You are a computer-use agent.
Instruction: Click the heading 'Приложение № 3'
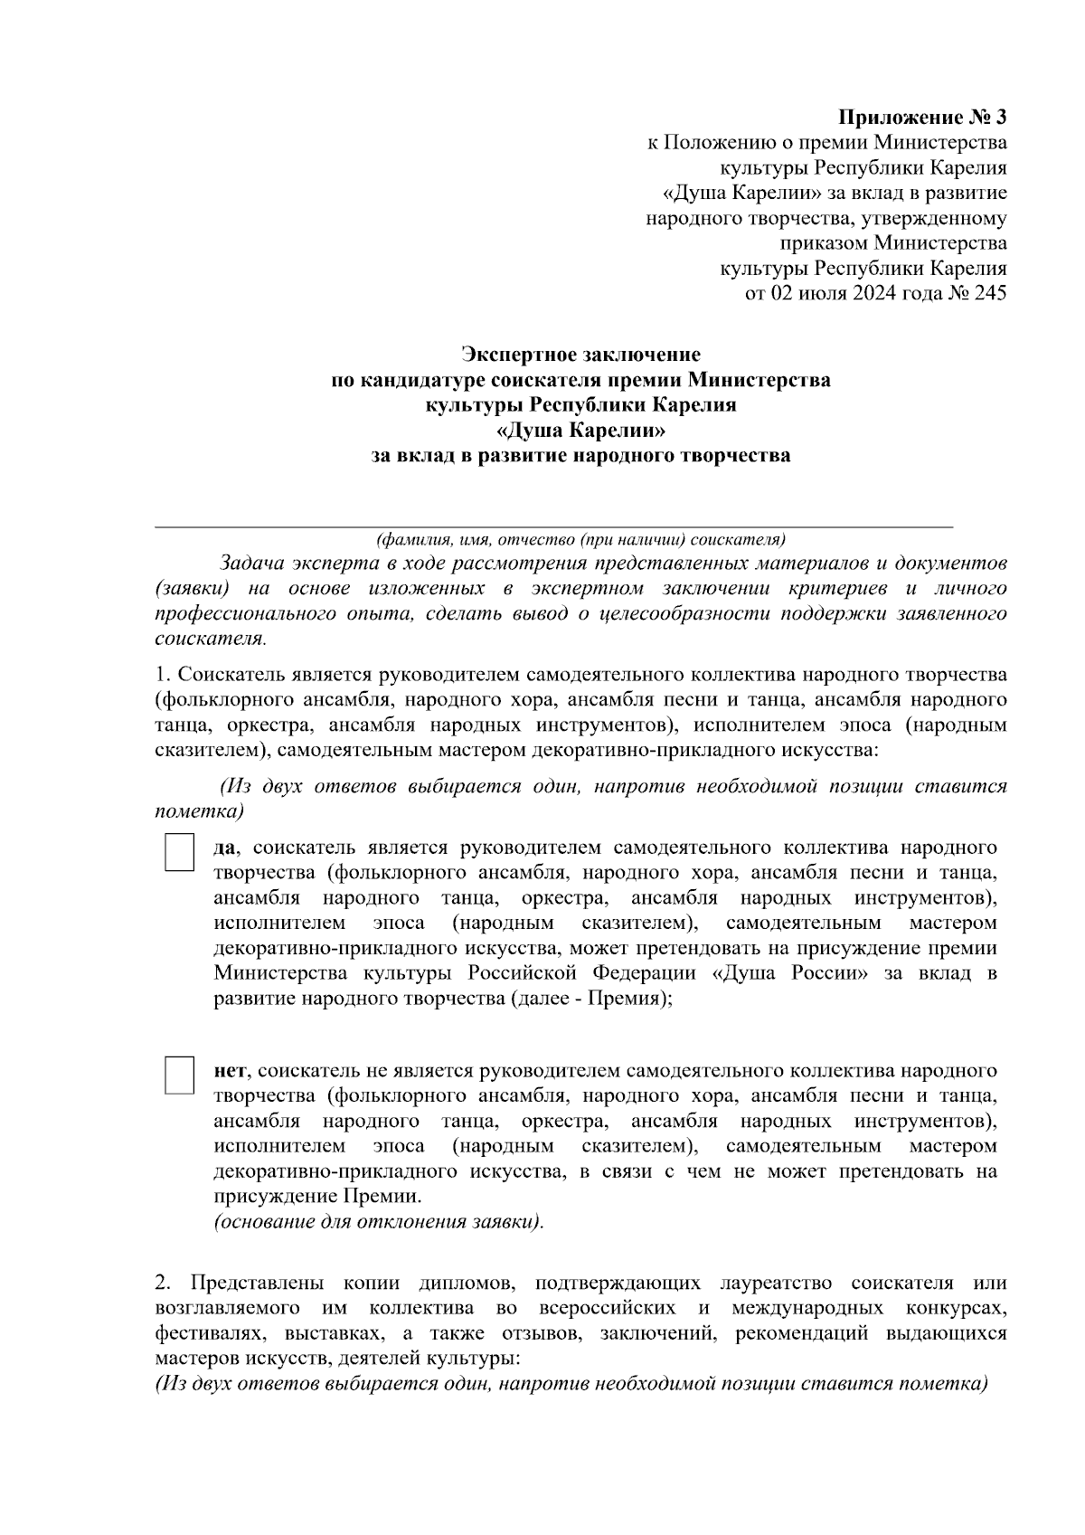click(922, 118)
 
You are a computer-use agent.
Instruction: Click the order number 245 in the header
click(990, 293)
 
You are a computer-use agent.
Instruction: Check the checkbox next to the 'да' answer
click(179, 853)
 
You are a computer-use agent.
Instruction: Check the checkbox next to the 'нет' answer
click(179, 1075)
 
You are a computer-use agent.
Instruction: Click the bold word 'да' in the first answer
click(225, 848)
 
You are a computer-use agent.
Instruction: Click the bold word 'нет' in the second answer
click(230, 1071)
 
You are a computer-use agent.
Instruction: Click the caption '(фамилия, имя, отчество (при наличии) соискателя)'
click(580, 541)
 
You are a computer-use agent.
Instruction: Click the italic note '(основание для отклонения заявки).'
click(379, 1222)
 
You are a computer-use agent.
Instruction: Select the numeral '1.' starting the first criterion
click(163, 675)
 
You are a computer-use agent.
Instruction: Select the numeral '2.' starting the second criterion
click(163, 1284)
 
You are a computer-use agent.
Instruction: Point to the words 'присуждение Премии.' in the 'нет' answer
click(317, 1197)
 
